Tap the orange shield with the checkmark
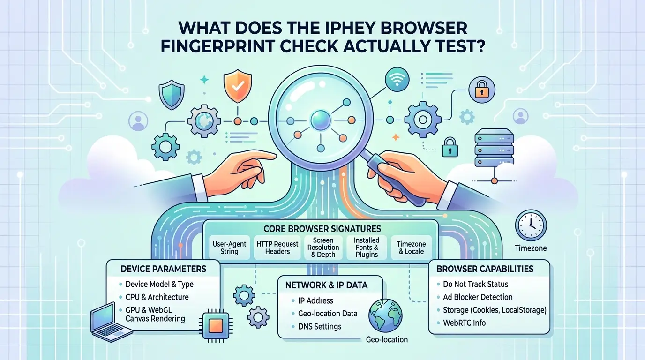238,85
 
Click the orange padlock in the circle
482,90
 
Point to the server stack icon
494,148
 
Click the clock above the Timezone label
531,225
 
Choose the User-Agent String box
229,247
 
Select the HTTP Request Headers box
277,247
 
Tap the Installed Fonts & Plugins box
367,247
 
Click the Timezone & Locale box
411,247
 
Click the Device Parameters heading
163,269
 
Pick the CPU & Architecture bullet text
157,297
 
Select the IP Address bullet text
315,300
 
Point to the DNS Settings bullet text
320,326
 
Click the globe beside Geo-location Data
385,315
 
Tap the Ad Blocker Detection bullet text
478,297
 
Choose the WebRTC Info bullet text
464,322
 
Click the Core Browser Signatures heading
322,229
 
